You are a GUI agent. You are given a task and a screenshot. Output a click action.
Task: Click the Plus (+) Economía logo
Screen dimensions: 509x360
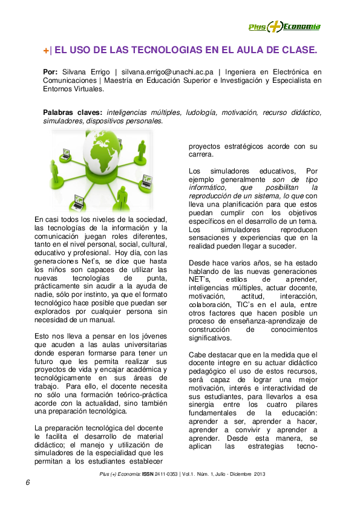[x=284, y=26]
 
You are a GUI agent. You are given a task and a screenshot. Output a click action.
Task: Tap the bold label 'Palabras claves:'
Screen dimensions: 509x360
[x=73, y=112]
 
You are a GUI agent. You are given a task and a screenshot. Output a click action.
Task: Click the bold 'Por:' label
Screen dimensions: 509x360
[x=51, y=71]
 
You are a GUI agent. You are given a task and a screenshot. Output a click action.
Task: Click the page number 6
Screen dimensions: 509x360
[x=28, y=482]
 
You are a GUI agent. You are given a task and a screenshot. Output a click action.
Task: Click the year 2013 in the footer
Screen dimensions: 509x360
[x=259, y=473]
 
